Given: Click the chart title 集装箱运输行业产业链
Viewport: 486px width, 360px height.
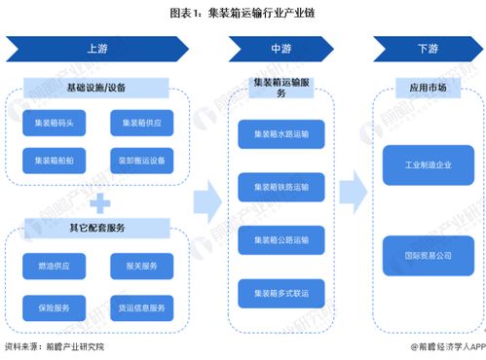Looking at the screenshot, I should [243, 14].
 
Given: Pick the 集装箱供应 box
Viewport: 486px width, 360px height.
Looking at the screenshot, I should [141, 124].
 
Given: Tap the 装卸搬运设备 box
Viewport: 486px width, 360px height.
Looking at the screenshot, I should [141, 161].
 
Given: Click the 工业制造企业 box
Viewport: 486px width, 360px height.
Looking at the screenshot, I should [428, 163].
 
